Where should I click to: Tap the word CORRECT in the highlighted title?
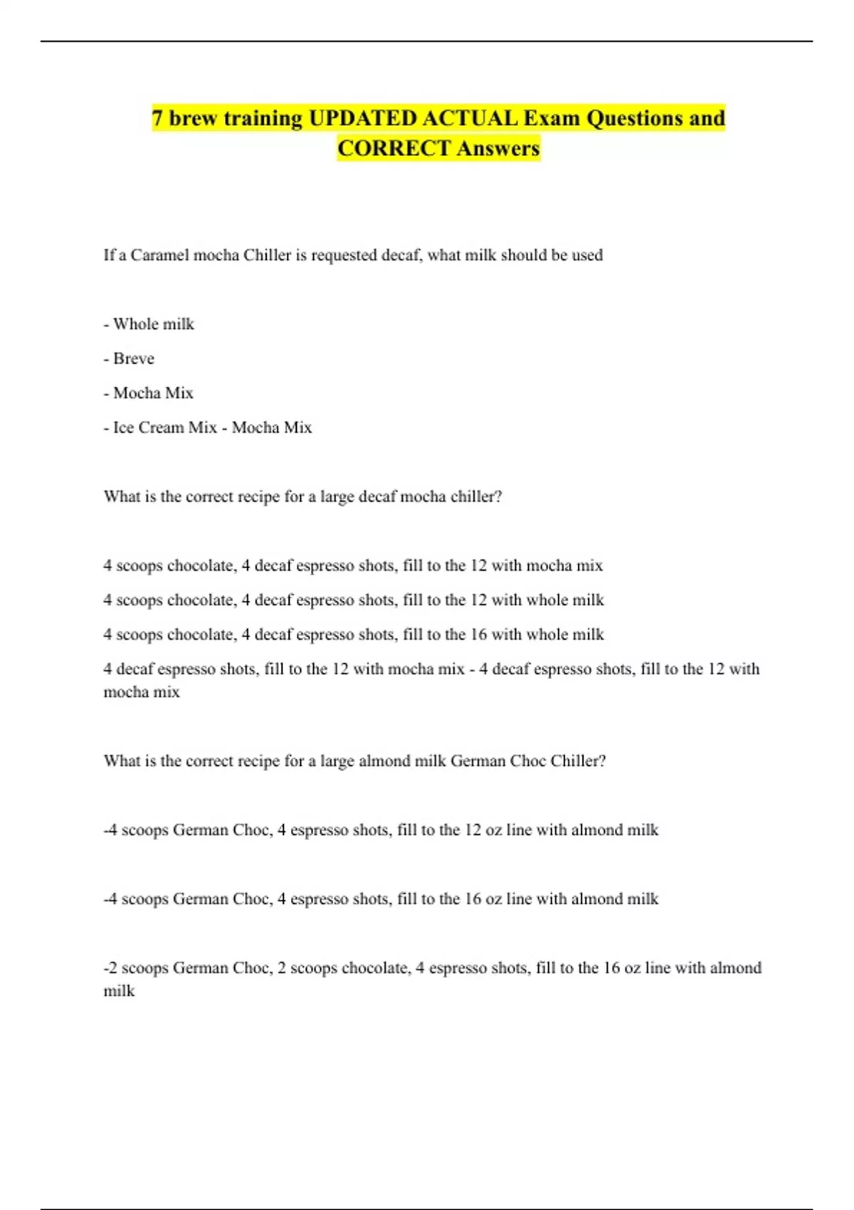point(394,149)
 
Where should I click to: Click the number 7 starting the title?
point(157,118)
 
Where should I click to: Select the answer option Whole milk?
point(153,324)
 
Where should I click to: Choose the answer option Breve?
point(133,359)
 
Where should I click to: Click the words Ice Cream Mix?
point(164,428)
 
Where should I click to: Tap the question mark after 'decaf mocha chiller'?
point(498,497)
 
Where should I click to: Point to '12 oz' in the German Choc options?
point(483,830)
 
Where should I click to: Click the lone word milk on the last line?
point(119,991)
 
